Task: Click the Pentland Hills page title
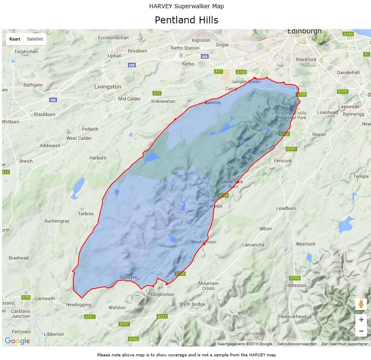click(186, 20)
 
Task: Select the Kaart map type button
click(15, 39)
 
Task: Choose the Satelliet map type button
click(34, 39)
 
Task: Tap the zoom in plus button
click(361, 320)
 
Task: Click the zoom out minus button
click(361, 331)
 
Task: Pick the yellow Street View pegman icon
click(361, 304)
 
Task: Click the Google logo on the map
click(17, 341)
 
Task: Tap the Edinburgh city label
click(304, 31)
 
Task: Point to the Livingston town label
click(107, 87)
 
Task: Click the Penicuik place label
click(283, 161)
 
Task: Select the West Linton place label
click(203, 242)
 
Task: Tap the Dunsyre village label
click(128, 277)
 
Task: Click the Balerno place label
click(212, 103)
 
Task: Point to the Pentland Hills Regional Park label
click(292, 115)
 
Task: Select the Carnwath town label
click(44, 298)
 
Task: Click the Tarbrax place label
click(86, 214)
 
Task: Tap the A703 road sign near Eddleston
click(294, 278)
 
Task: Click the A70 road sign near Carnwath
click(26, 297)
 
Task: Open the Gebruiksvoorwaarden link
click(297, 344)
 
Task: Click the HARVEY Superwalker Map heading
click(186, 6)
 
